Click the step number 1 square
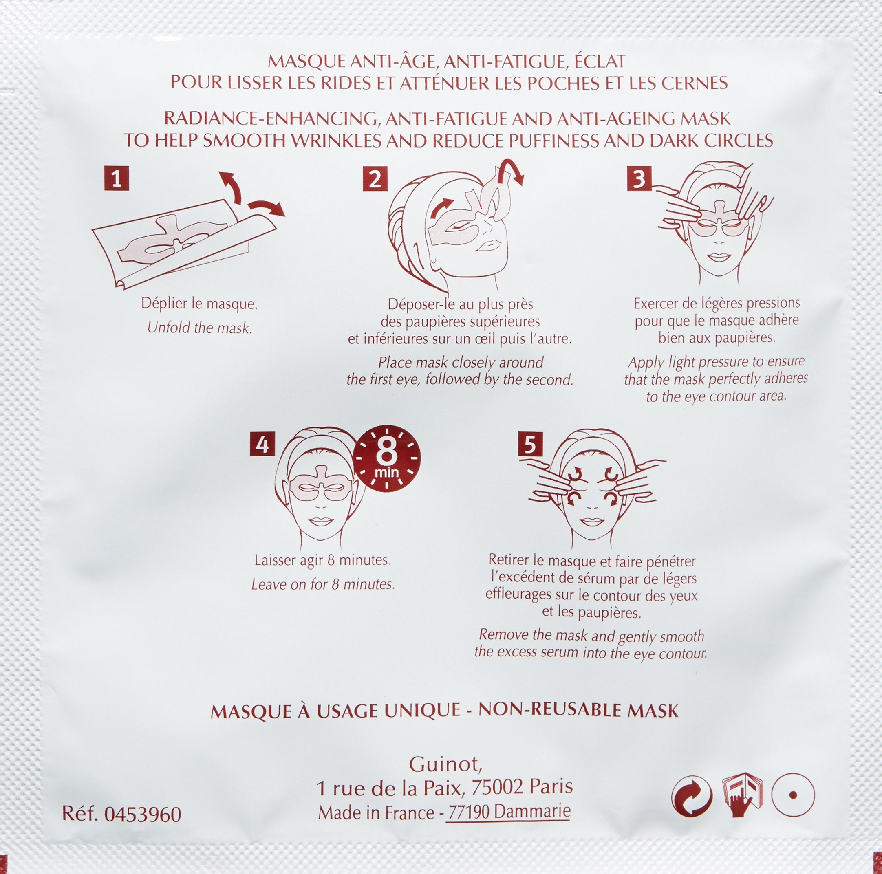click(x=117, y=178)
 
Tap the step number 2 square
click(x=375, y=178)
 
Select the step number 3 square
click(x=639, y=178)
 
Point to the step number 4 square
click(x=262, y=444)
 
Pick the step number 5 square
click(x=530, y=444)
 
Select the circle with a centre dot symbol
click(x=793, y=795)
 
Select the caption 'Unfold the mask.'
click(x=199, y=328)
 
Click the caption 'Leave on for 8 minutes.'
click(x=323, y=584)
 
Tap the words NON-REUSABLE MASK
click(x=578, y=711)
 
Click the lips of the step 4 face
click(x=320, y=521)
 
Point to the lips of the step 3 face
click(x=719, y=258)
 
